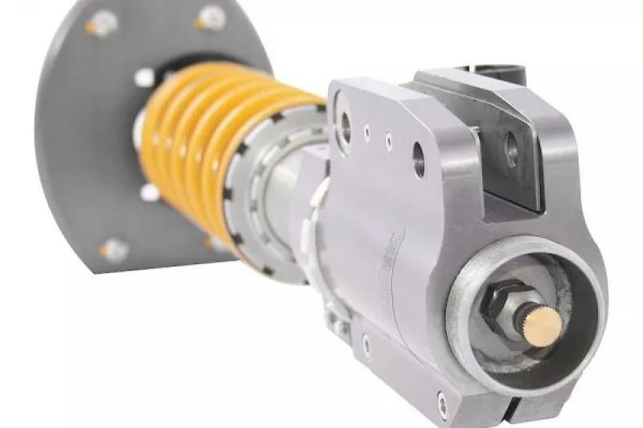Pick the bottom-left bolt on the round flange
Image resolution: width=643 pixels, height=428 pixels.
(x=113, y=250)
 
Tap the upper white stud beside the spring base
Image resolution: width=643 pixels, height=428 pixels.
(x=145, y=78)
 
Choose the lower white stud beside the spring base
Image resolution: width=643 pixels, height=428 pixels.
(x=149, y=193)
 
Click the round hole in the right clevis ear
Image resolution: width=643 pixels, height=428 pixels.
(x=511, y=148)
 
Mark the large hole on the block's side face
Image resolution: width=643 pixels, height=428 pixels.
(x=419, y=158)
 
